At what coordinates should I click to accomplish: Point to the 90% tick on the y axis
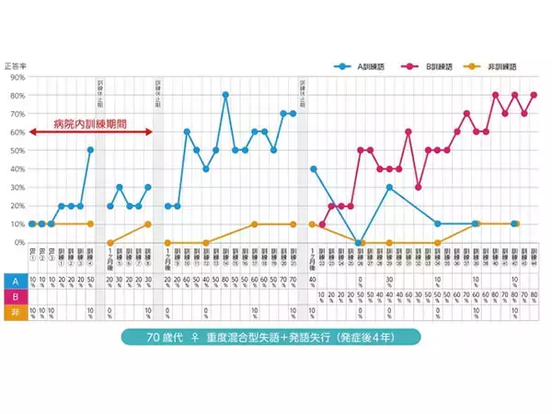pyautogui.click(x=17, y=77)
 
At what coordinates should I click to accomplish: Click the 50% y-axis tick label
pyautogui.click(x=17, y=151)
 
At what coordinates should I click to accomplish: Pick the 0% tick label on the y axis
pyautogui.click(x=19, y=243)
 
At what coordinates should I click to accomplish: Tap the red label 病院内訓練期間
pyautogui.click(x=88, y=121)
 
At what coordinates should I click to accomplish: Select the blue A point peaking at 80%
pyautogui.click(x=225, y=95)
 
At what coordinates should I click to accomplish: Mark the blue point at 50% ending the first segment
pyautogui.click(x=90, y=150)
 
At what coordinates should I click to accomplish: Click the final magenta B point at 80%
pyautogui.click(x=534, y=95)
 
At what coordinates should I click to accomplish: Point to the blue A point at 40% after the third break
pyautogui.click(x=313, y=168)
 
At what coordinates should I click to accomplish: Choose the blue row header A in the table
pyautogui.click(x=15, y=281)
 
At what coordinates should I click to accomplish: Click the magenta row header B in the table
pyautogui.click(x=15, y=296)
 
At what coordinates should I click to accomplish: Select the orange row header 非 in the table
pyautogui.click(x=15, y=312)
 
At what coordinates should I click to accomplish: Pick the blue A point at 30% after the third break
pyautogui.click(x=389, y=187)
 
